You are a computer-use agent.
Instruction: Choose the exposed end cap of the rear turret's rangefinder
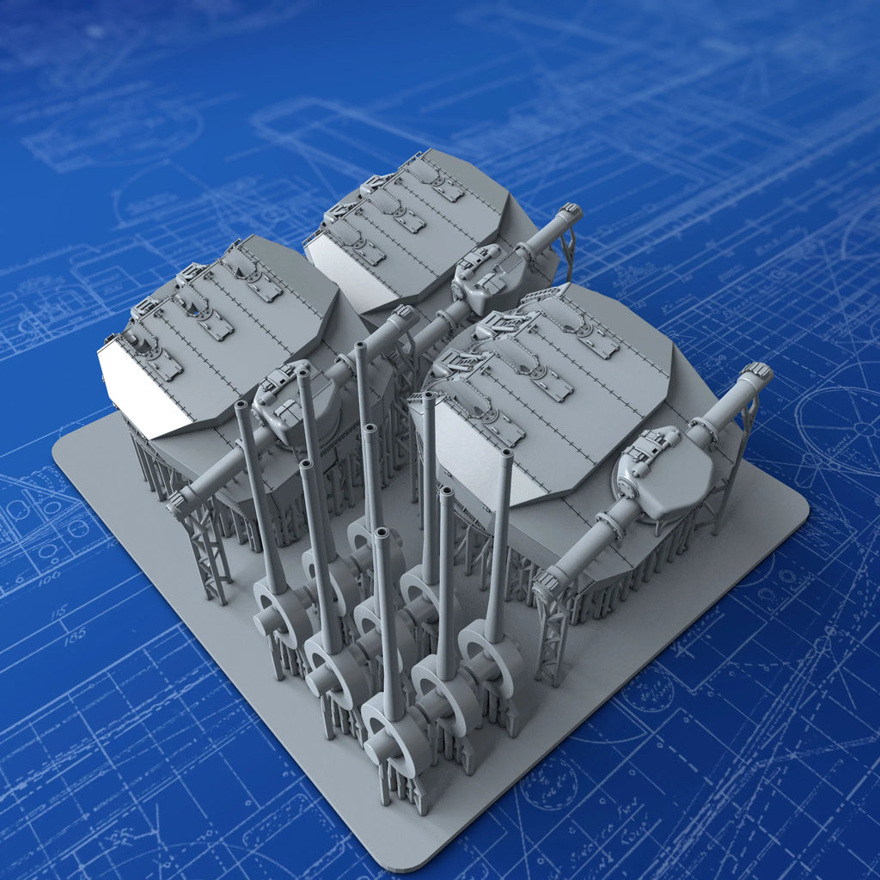[x=570, y=212]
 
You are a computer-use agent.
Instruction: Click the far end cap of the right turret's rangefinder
[x=757, y=373]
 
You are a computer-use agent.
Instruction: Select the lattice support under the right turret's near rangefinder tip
[x=550, y=636]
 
